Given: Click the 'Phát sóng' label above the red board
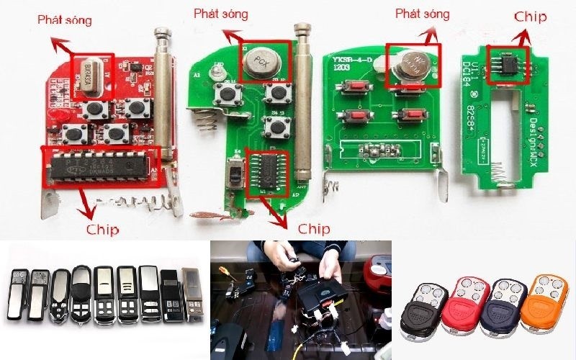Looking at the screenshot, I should pyautogui.click(x=65, y=21).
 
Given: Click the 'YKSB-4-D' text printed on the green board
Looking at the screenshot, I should pyautogui.click(x=354, y=60).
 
